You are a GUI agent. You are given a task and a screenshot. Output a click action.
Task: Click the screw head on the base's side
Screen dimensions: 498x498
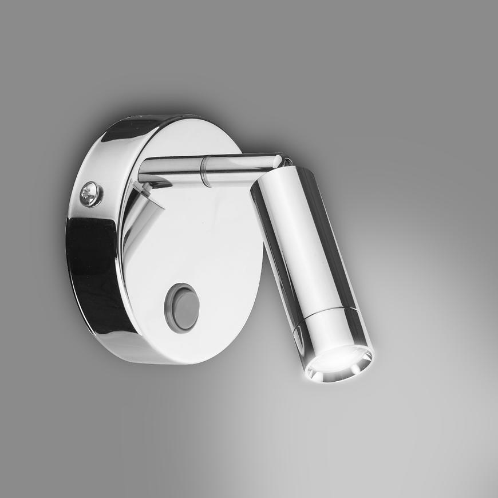point(91,194)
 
